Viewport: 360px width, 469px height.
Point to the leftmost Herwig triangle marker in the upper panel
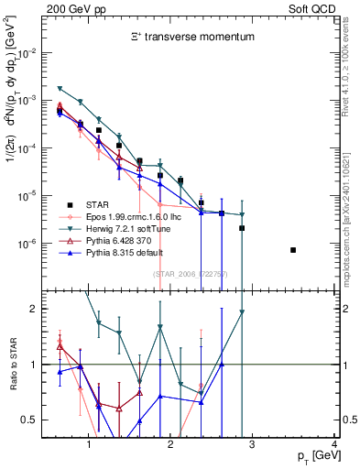pyautogui.click(x=60, y=88)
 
